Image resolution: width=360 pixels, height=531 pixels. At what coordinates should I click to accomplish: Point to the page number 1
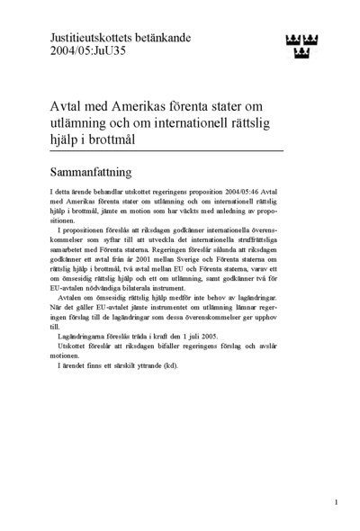click(336, 502)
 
